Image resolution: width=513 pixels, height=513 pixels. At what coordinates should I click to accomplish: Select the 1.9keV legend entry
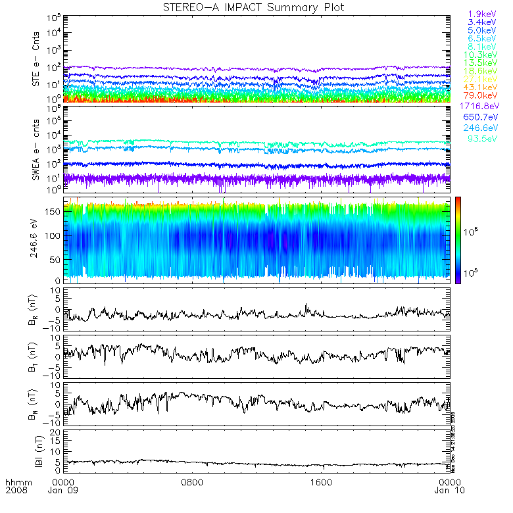(481, 13)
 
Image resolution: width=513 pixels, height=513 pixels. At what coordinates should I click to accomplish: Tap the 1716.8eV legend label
(479, 106)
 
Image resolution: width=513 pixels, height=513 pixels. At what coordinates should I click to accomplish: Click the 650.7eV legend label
(481, 117)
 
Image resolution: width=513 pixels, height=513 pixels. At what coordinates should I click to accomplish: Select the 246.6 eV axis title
(32, 240)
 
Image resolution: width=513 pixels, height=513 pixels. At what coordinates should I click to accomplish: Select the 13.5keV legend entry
(481, 63)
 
